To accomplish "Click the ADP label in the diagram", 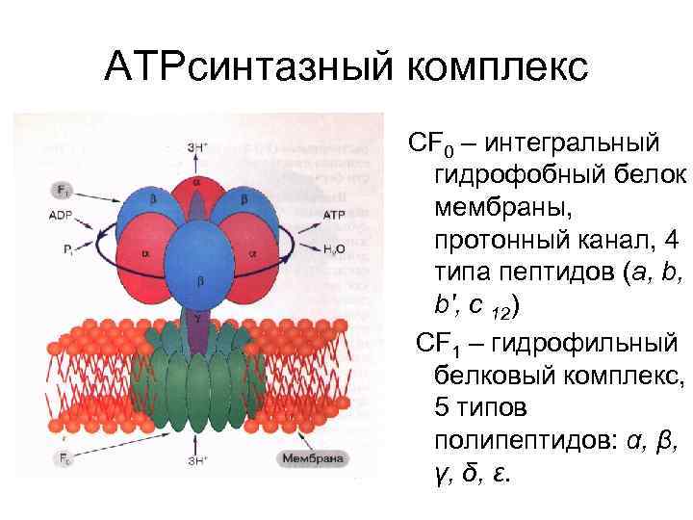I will [x=59, y=217].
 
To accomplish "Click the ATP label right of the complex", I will [x=334, y=214].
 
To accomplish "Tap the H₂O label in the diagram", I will [x=334, y=248].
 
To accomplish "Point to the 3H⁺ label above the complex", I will [x=197, y=147].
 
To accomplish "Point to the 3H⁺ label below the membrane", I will [x=196, y=459].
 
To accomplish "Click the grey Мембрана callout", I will [x=312, y=458].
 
